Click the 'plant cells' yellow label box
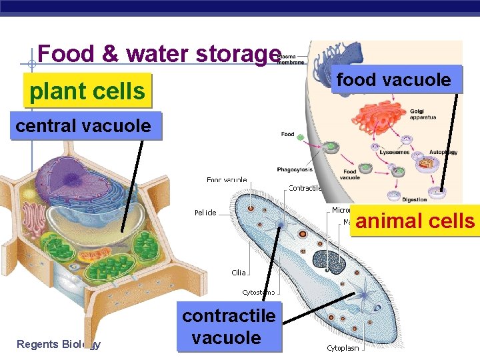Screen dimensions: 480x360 click(87, 91)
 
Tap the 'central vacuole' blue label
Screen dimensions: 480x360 click(83, 125)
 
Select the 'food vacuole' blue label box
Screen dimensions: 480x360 click(393, 80)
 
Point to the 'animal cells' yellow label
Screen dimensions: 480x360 click(415, 221)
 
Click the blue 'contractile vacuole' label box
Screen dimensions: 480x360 click(228, 327)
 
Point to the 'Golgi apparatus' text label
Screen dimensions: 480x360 click(423, 114)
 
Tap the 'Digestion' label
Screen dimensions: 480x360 click(415, 199)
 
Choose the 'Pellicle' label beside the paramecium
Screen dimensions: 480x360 click(205, 213)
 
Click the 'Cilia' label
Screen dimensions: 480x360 click(239, 272)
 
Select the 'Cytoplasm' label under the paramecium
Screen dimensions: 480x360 click(343, 347)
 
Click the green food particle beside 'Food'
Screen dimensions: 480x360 click(300, 138)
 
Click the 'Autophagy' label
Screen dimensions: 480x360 click(443, 152)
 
